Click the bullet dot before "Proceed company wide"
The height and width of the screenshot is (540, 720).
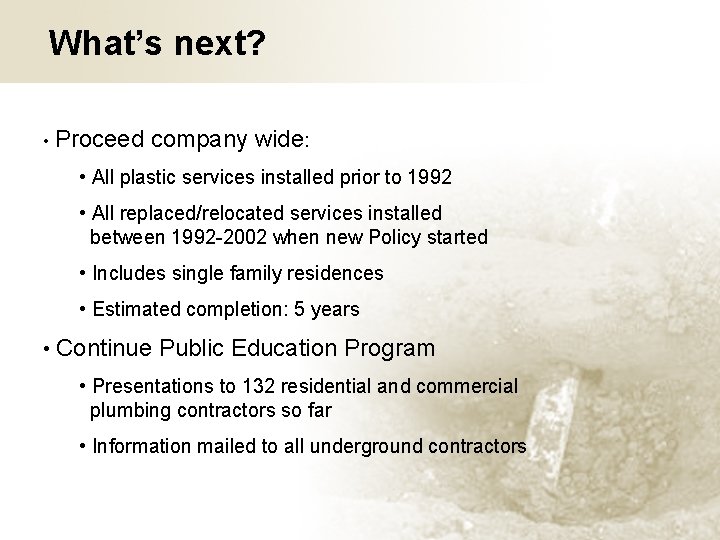point(47,140)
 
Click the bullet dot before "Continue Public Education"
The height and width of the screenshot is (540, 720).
point(47,349)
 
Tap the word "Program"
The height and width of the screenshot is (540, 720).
point(390,349)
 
